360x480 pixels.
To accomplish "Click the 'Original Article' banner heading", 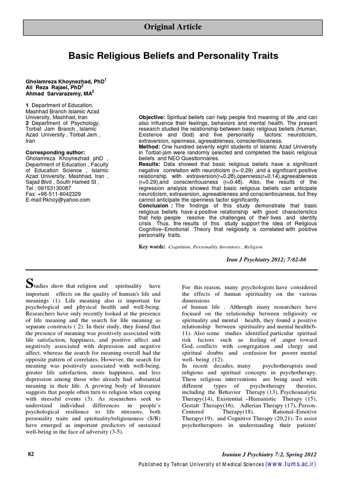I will (x=172, y=27).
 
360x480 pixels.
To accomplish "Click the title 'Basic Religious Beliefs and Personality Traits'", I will (x=173, y=56).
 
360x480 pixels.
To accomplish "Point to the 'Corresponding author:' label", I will (x=55, y=152).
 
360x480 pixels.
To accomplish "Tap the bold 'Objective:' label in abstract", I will (x=151, y=117).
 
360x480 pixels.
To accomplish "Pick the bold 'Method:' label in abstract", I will (x=150, y=147).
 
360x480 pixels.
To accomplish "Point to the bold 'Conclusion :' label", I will (x=155, y=206).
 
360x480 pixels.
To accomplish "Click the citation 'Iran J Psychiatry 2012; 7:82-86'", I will (x=266, y=259).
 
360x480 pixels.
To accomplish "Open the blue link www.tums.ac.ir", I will (x=291, y=464).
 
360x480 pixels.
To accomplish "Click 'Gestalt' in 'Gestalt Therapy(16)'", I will (x=192, y=405).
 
